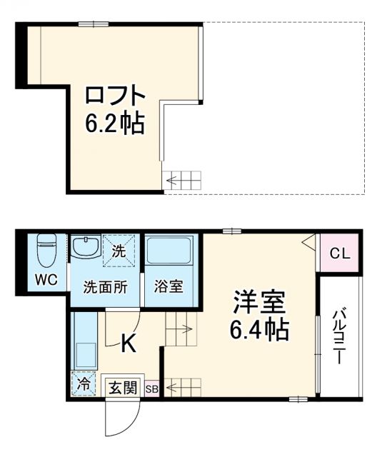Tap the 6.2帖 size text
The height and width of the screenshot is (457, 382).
click(115, 124)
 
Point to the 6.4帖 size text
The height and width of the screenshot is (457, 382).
click(258, 330)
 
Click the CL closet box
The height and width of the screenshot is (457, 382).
click(339, 253)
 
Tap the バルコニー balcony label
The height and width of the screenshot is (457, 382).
click(340, 336)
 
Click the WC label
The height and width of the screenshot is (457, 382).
click(48, 279)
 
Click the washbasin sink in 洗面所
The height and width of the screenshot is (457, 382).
click(86, 248)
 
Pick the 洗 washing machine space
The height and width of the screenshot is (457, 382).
click(119, 251)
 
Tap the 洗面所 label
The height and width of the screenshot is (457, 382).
click(106, 288)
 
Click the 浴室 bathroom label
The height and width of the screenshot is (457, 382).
click(169, 288)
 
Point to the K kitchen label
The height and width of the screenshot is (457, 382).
click(128, 344)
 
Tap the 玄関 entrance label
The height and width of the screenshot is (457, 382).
click(122, 388)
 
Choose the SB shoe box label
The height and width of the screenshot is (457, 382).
click(153, 389)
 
